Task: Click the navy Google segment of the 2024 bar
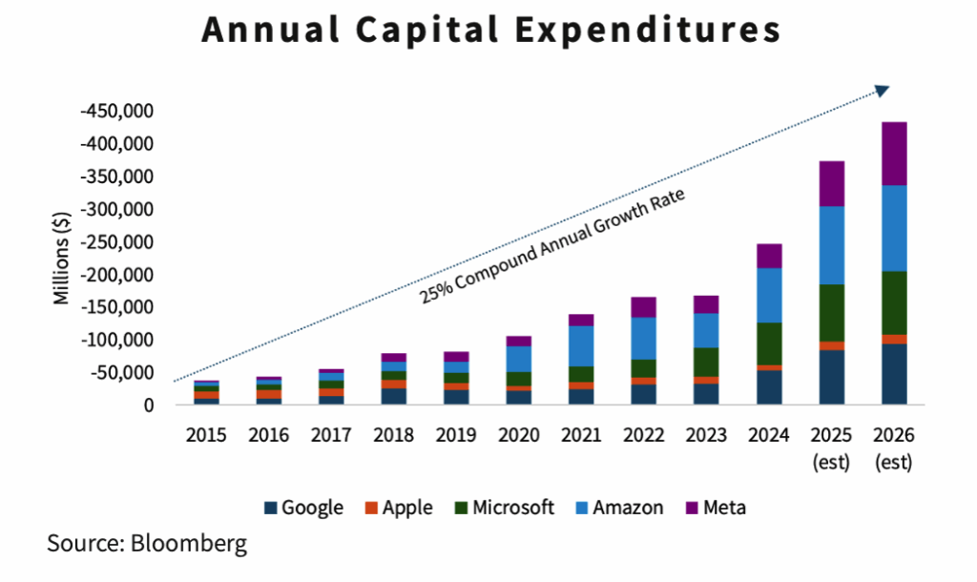769,386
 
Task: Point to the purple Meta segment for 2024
769,256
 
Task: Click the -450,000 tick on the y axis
117,112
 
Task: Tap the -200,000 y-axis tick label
117,275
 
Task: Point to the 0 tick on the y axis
149,405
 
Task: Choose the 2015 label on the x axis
206,435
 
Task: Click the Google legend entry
302,508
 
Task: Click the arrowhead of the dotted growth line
881,90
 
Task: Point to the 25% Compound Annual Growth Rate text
553,247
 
